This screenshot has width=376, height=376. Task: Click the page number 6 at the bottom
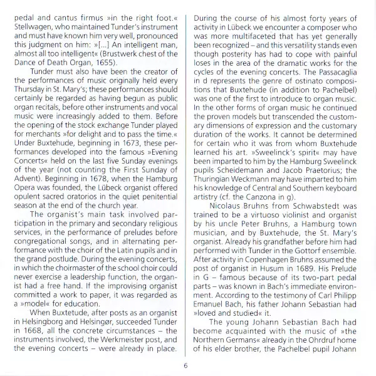(x=185, y=366)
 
